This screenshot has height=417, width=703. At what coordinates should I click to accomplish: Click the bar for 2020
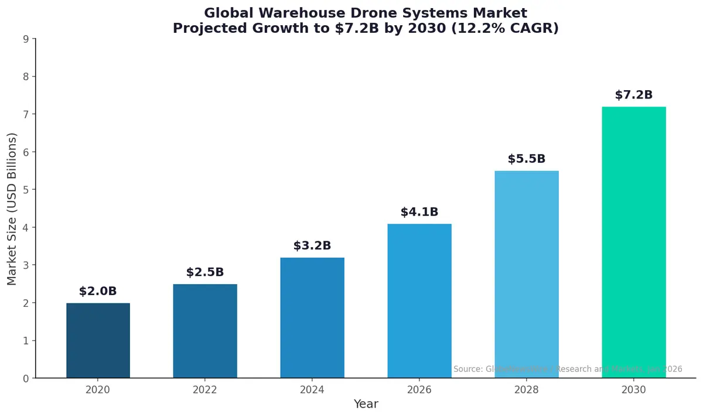tap(98, 341)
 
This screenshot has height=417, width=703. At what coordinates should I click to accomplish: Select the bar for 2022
tap(205, 331)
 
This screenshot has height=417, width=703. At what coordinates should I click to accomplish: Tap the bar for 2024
tap(312, 318)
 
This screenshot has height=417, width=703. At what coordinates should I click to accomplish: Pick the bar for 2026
tap(419, 301)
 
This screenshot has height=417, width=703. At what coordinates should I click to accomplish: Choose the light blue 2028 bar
tap(527, 275)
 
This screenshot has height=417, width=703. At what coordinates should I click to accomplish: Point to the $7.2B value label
tap(634, 95)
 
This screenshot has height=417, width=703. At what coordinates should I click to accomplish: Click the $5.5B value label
tap(527, 159)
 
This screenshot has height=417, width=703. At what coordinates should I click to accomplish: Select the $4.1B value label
tap(419, 212)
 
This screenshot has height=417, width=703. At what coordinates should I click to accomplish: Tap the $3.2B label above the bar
tap(312, 246)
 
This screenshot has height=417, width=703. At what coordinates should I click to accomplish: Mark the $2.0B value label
tap(98, 291)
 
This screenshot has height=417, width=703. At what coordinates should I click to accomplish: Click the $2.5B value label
tap(205, 272)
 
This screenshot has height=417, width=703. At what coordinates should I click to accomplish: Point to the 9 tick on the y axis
tap(26, 39)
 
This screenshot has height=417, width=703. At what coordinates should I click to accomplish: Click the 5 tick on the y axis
tap(26, 190)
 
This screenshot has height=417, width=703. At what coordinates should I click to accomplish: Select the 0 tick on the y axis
tap(26, 378)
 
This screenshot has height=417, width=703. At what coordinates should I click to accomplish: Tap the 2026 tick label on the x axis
tap(419, 389)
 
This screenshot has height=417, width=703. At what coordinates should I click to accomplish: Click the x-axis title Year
tap(366, 404)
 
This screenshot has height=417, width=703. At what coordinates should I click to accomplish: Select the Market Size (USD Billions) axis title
tap(12, 208)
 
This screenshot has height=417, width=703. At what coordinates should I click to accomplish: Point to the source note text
tap(568, 369)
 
